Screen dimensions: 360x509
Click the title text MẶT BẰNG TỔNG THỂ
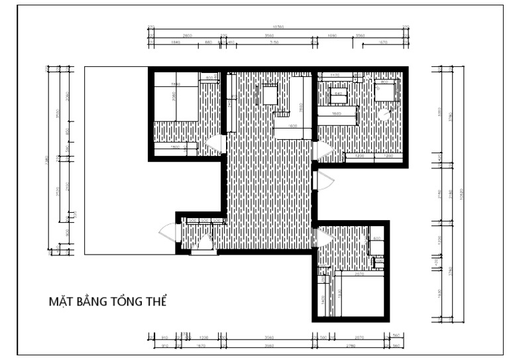[x=107, y=302]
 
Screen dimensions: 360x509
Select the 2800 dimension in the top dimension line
[x=187, y=34]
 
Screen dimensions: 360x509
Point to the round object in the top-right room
[x=384, y=115]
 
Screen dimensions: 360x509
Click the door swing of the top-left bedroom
[x=215, y=145]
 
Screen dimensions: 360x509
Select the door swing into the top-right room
[x=322, y=151]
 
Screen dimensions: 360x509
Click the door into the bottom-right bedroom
[x=324, y=237]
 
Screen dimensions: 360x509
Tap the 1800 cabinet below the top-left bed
[x=176, y=148]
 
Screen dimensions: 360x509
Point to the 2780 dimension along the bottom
[x=357, y=345]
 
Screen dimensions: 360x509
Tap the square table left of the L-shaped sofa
[x=270, y=95]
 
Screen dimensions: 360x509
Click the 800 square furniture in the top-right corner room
[x=386, y=90]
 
